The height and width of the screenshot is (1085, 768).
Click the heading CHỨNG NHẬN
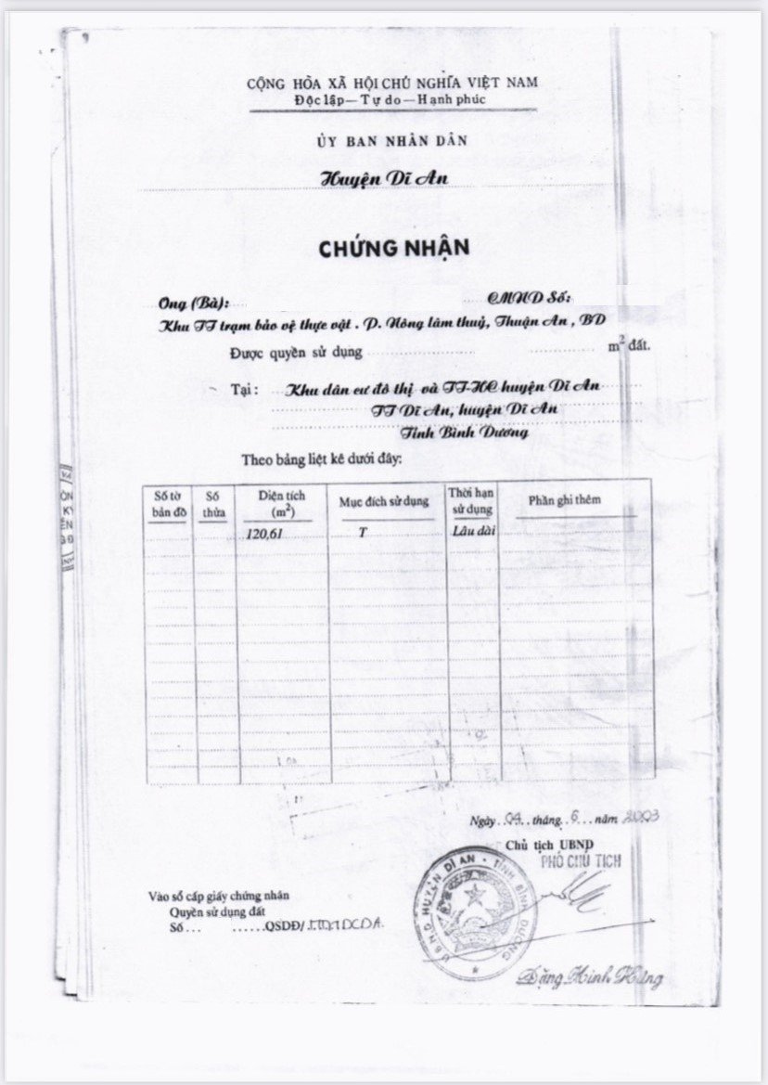tap(394, 249)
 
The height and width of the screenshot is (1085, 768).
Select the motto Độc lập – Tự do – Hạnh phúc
tap(390, 98)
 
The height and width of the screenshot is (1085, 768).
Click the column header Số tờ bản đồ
tap(167, 505)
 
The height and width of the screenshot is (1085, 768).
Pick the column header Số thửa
tap(214, 504)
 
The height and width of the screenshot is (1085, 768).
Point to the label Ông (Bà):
tap(190, 304)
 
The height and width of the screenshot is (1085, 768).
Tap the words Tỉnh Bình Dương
tap(465, 432)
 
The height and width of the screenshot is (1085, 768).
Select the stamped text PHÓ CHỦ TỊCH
tap(582, 862)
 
